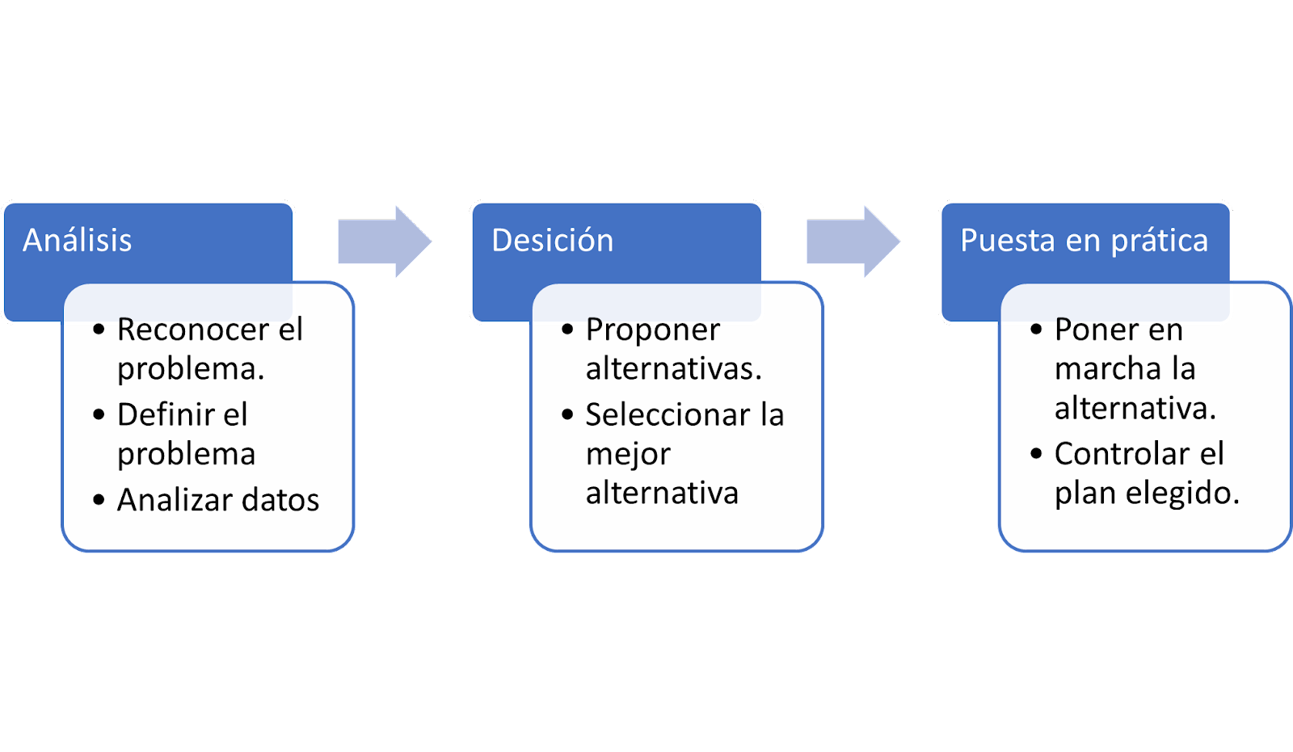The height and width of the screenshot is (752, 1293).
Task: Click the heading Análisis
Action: (x=78, y=240)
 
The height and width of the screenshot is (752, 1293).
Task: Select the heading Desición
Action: (x=553, y=240)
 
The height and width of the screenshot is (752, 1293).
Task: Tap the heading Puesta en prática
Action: (x=1084, y=241)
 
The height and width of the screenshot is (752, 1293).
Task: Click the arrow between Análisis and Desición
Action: (x=385, y=242)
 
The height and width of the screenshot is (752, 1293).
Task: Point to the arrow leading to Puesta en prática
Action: (x=853, y=242)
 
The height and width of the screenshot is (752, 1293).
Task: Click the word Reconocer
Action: (x=193, y=330)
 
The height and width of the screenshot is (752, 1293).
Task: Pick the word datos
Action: (x=280, y=500)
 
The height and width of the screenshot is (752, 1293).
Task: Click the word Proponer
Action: (x=653, y=331)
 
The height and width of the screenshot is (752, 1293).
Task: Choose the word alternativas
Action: (x=674, y=369)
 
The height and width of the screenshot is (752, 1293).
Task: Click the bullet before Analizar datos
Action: (x=99, y=500)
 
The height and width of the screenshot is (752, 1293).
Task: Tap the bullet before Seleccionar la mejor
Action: (x=567, y=414)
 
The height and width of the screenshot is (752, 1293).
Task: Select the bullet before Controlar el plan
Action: (x=1036, y=454)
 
